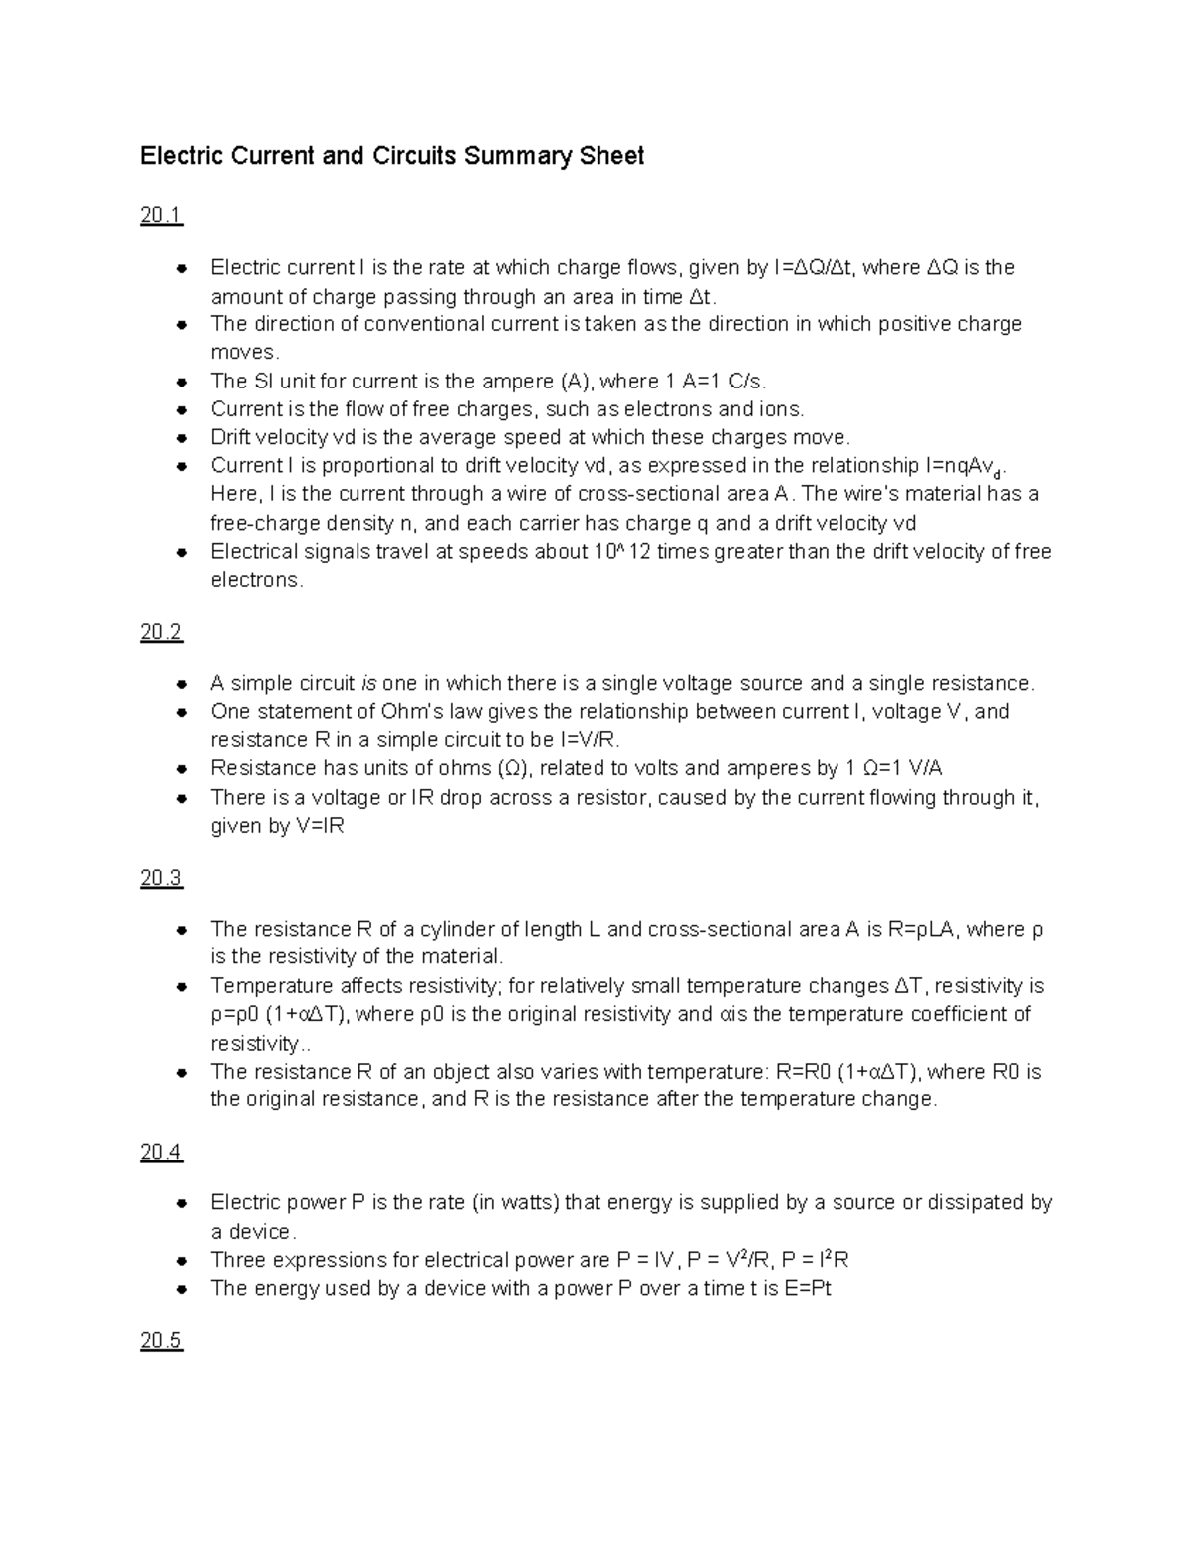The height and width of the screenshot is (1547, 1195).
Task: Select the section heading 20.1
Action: [x=161, y=216]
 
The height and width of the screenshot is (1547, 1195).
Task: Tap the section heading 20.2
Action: [x=161, y=633]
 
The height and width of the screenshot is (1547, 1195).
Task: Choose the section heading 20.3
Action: [x=161, y=878]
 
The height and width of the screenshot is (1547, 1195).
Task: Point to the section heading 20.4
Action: [x=161, y=1153]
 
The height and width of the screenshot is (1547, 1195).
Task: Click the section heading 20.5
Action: [x=161, y=1341]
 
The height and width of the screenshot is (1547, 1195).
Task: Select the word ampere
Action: [x=517, y=382]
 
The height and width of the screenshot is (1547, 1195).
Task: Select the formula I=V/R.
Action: [x=590, y=740]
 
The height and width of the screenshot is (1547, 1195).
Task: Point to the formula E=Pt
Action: [x=808, y=1289]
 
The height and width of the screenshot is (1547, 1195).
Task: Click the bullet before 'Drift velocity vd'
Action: [x=181, y=438]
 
